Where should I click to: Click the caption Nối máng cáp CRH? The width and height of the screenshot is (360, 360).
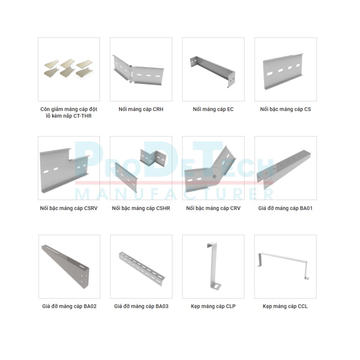tap(141, 109)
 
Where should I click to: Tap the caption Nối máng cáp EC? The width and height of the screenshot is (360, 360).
tap(213, 109)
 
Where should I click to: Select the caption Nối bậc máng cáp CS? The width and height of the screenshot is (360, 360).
tap(285, 109)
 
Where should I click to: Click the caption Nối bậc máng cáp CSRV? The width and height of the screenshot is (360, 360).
tap(69, 208)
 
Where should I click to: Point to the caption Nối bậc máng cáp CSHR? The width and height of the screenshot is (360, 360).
tap(141, 208)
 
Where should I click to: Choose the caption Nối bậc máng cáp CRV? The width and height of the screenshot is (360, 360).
tap(213, 208)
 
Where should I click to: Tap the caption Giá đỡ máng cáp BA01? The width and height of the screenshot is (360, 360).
tap(285, 208)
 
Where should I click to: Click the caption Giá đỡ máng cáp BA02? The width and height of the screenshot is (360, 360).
tap(69, 306)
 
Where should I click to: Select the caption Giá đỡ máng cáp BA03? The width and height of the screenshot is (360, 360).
tap(141, 306)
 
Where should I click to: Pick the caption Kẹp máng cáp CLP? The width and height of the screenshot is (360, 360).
tap(213, 306)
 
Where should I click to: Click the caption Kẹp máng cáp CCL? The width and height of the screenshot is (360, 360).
tap(285, 306)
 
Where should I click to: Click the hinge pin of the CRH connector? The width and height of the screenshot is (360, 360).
tap(131, 74)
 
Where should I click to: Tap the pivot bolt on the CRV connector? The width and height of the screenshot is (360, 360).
tap(215, 176)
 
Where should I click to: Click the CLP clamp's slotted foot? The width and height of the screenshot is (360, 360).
tap(216, 287)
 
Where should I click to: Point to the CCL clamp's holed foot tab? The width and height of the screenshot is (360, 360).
tap(306, 278)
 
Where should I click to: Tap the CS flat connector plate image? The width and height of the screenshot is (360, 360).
tap(283, 71)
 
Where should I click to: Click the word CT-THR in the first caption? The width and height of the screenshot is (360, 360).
tap(82, 116)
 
